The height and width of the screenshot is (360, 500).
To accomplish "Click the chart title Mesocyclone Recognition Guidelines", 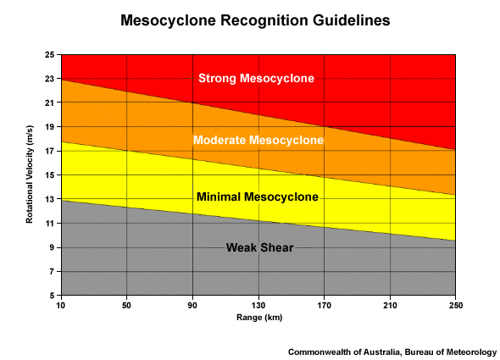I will [x=249, y=19].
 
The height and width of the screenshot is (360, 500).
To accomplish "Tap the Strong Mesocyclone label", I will [x=256, y=79].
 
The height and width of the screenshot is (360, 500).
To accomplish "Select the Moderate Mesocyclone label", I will [x=258, y=140].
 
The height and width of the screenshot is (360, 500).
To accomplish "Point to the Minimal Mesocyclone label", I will [x=258, y=197].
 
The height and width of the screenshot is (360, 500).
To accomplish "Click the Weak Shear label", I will [x=259, y=247].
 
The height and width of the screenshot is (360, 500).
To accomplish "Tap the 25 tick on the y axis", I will [x=50, y=55].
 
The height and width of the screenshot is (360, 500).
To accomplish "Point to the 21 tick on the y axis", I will [x=50, y=103].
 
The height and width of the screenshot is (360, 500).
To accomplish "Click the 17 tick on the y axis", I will [x=50, y=152].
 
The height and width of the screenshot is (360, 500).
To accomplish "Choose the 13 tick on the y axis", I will [x=50, y=200].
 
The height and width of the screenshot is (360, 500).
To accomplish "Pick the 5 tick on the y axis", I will [x=53, y=296].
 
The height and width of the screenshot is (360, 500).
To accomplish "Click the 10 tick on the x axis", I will [x=61, y=305].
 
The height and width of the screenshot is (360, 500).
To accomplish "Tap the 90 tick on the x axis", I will [x=192, y=305].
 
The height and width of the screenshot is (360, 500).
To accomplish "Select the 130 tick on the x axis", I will [x=258, y=305].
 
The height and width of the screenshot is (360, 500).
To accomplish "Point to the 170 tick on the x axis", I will [x=325, y=305].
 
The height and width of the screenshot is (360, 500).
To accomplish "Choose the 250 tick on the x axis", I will [x=456, y=305].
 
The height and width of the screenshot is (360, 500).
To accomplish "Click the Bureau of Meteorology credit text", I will [x=392, y=351].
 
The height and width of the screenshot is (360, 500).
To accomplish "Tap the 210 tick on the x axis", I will [x=390, y=305].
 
